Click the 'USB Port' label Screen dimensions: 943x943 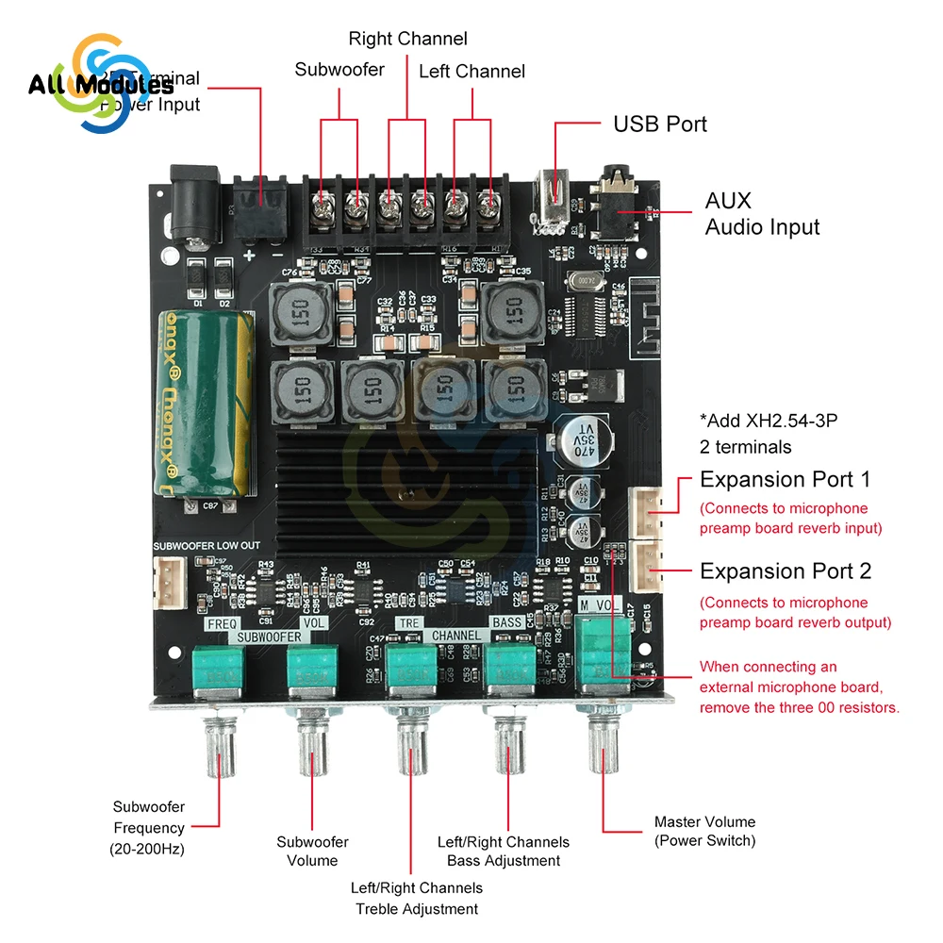pyautogui.click(x=659, y=124)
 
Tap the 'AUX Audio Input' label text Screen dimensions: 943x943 pyautogui.click(x=762, y=213)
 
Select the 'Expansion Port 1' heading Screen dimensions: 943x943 pyautogui.click(x=785, y=480)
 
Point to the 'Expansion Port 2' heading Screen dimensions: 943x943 pyautogui.click(x=785, y=571)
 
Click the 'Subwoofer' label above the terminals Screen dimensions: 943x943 pyautogui.click(x=339, y=70)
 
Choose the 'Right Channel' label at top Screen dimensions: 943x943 pyautogui.click(x=407, y=39)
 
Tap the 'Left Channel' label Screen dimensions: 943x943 pyautogui.click(x=471, y=71)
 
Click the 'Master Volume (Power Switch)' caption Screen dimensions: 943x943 pyautogui.click(x=704, y=831)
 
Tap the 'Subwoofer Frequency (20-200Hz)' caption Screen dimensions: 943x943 pyautogui.click(x=148, y=828)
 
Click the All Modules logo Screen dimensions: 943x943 pyautogui.click(x=100, y=85)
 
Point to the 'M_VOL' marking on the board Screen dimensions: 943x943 pyautogui.click(x=603, y=604)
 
